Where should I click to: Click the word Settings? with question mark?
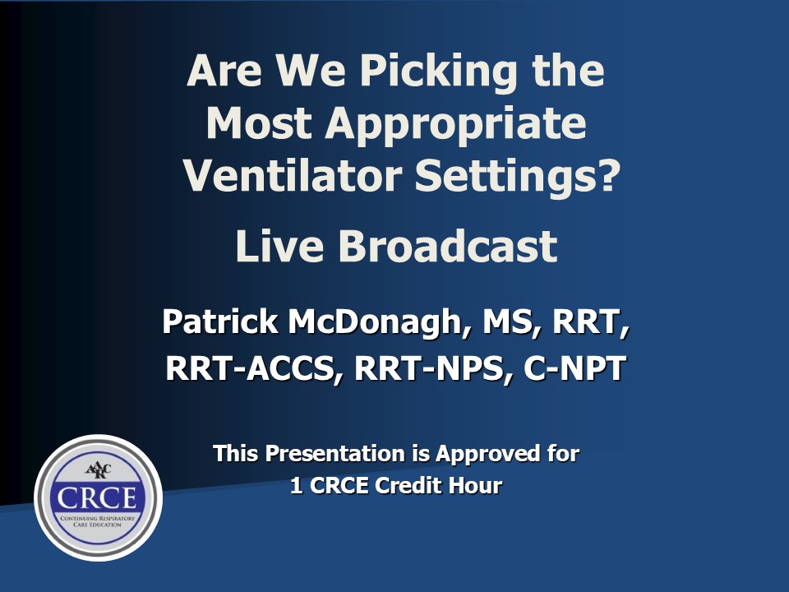click(517, 178)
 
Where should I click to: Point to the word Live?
click(279, 246)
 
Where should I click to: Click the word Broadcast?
click(448, 246)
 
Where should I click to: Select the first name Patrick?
click(220, 321)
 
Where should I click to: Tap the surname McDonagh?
click(375, 323)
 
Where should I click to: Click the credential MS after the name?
click(506, 322)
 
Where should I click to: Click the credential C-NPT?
click(574, 368)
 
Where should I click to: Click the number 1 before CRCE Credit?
click(297, 486)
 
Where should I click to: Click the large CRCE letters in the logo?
click(97, 497)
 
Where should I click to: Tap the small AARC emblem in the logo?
click(98, 470)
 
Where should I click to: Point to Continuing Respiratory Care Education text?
click(98, 521)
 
